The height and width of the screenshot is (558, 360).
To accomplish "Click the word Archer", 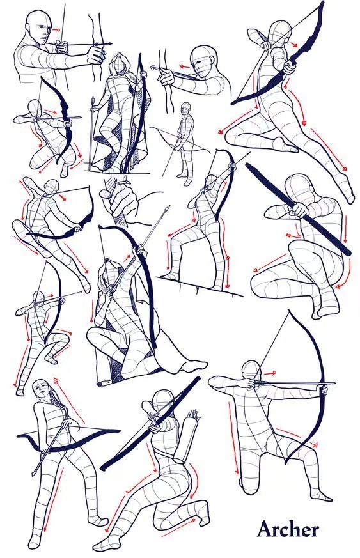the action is pyautogui.click(x=288, y=529).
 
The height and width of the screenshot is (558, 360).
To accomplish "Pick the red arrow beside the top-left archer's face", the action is pyautogui.click(x=56, y=30).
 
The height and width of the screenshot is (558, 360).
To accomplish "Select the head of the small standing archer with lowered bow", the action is pyautogui.click(x=185, y=107).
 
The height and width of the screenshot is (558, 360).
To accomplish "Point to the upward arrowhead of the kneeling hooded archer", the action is pyautogui.click(x=167, y=209).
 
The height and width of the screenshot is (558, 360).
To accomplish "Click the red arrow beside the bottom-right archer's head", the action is pyautogui.click(x=270, y=373).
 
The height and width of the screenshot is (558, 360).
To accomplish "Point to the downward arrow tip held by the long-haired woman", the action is pyautogui.click(x=34, y=473).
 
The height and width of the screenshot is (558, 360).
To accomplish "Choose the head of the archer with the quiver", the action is pyautogui.click(x=162, y=401).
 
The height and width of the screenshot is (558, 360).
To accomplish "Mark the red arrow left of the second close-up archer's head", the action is pyautogui.click(x=184, y=66).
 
